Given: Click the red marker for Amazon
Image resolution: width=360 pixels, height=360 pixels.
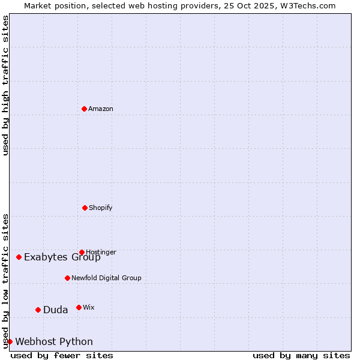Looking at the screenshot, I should coord(84,109).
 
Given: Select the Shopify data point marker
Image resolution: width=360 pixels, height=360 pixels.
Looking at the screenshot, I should coord(85,208).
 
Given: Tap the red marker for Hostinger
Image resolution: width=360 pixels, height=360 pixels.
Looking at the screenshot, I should coord(82,252).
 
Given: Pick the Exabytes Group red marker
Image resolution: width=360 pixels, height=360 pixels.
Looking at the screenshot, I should coord(19,257).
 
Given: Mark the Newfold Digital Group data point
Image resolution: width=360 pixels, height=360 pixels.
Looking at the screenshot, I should coord(67,278).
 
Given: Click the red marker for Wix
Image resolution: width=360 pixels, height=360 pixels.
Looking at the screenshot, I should coord(79,307).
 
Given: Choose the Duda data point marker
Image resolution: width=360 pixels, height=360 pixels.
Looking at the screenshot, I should coord(38,310).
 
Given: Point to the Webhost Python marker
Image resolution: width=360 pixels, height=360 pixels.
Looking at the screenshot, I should coord(10,341).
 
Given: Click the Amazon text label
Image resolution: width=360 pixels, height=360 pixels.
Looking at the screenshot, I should coord(101,109).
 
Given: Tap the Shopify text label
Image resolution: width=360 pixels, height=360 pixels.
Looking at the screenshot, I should coord(101,208).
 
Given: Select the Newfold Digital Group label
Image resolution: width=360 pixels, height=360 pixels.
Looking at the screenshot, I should coord(106,278).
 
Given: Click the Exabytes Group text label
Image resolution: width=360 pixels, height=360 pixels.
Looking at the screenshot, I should coord(62,257).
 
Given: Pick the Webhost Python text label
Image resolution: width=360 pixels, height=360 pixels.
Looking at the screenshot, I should coord(54,342).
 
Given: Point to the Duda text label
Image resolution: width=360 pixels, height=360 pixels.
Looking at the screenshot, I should coord(56,310).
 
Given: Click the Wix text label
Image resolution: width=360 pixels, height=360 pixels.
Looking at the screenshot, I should coord(89,308).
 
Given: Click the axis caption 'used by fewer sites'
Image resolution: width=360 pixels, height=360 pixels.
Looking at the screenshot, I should coord(62,355).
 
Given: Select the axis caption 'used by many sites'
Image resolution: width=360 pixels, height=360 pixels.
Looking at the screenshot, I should coord(301,355).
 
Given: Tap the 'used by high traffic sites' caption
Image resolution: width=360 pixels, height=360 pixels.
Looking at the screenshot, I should coord(5,85).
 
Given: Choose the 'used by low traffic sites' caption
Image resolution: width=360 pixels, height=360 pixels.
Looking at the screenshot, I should coord(5,280).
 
